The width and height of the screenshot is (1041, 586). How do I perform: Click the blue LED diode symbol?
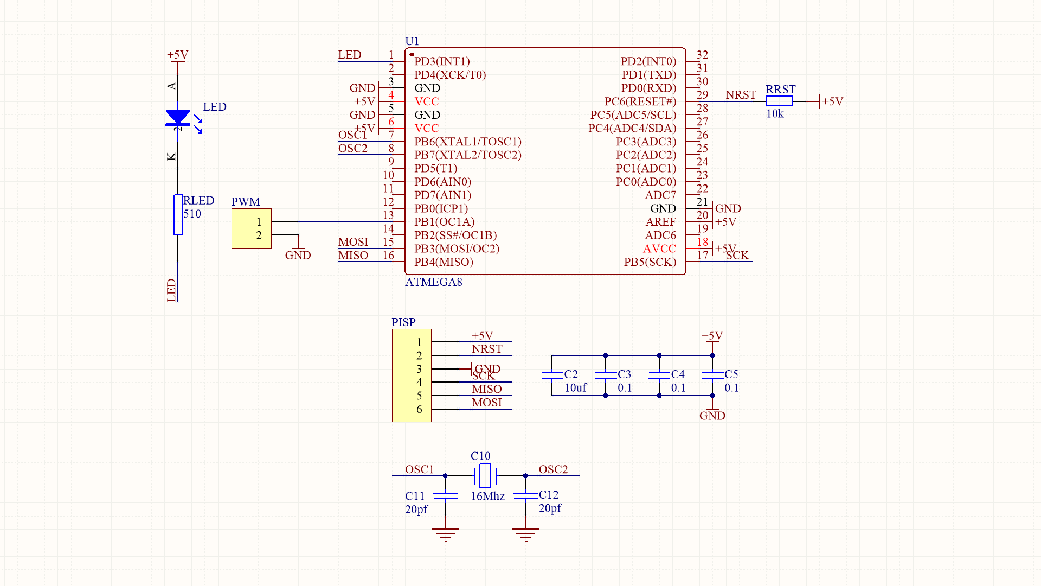[x=178, y=117]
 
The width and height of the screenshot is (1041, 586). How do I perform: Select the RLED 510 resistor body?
[x=178, y=215]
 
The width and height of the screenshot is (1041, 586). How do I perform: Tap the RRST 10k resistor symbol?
[x=779, y=101]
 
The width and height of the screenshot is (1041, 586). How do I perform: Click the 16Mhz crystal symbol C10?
[x=485, y=476]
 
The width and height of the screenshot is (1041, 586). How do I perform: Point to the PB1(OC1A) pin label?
[x=444, y=222]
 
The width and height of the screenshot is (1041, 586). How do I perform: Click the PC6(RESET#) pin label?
[x=640, y=101]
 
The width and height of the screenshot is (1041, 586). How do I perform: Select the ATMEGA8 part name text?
[x=433, y=282]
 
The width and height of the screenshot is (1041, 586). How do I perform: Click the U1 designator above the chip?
[x=412, y=41]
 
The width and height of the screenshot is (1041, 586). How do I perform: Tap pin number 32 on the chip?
[x=702, y=55]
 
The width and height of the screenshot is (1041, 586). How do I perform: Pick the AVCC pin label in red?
[x=659, y=249]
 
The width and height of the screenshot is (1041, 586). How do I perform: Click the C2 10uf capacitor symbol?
[x=552, y=375]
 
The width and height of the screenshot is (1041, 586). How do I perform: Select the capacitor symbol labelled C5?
[x=712, y=375]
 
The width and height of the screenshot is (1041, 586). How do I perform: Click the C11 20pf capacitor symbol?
[x=445, y=496]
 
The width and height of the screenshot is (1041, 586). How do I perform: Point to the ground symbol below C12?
[x=525, y=534]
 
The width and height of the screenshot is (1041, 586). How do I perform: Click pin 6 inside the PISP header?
[x=419, y=409]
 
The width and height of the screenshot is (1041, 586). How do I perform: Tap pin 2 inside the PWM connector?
[x=259, y=235]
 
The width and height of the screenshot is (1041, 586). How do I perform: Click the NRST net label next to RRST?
[x=740, y=95]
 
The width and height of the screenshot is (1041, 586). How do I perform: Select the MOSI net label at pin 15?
[x=353, y=242]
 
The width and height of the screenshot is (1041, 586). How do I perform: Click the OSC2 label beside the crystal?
[x=553, y=469]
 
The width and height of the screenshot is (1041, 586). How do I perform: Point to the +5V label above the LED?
[x=177, y=55]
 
